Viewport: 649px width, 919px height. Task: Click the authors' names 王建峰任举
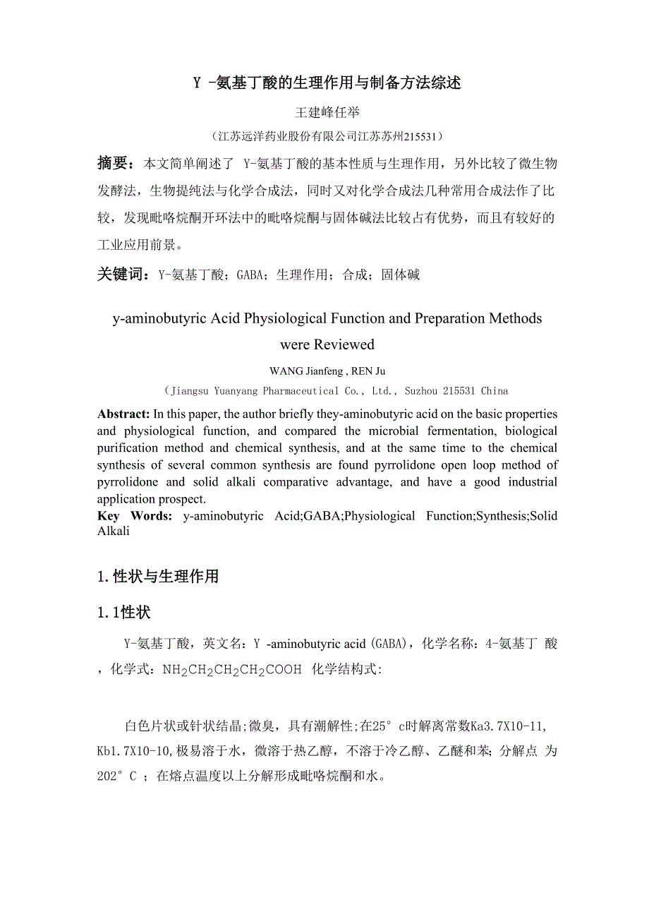click(327, 112)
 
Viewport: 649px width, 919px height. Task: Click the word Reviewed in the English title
click(344, 344)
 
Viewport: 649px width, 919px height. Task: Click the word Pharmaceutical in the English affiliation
click(301, 391)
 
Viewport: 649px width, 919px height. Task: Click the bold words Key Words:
click(134, 516)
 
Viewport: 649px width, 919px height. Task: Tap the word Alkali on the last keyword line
click(113, 531)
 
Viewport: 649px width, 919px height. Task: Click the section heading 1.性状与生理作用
click(158, 576)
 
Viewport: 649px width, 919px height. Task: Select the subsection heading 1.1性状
click(124, 612)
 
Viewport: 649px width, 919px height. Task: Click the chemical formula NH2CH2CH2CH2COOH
click(232, 669)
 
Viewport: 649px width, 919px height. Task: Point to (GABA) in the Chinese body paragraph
click(391, 644)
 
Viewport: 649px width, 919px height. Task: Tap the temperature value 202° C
click(117, 776)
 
